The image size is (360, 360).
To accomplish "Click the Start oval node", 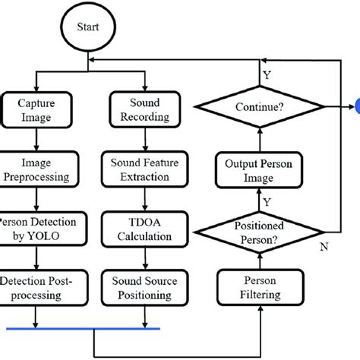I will (90, 27).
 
